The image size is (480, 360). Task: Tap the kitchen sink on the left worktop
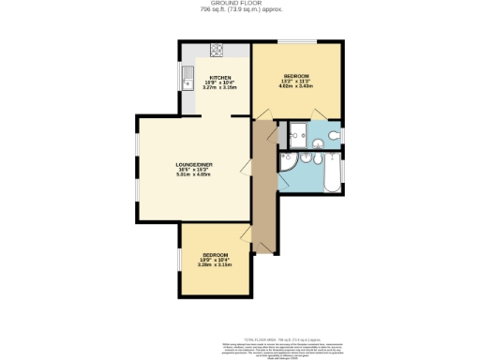click(x=187, y=76)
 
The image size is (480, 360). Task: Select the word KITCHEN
click(x=220, y=77)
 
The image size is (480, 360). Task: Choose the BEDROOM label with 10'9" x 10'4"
click(x=215, y=255)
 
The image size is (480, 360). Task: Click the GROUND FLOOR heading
click(x=239, y=4)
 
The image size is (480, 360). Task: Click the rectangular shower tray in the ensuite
click(x=299, y=137)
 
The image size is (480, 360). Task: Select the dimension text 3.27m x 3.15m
click(x=220, y=88)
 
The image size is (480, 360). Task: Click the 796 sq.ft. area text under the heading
click(x=239, y=10)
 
